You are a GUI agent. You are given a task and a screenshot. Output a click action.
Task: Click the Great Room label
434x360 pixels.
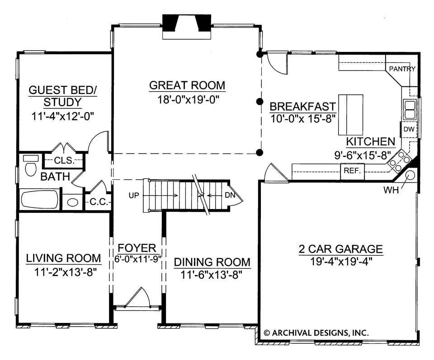[187, 85]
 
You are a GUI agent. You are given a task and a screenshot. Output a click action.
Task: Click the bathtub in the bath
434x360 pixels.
[40, 199]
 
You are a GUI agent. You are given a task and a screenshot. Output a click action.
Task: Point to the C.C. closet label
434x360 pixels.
[99, 202]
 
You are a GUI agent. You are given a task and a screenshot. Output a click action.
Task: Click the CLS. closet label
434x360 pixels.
[64, 160]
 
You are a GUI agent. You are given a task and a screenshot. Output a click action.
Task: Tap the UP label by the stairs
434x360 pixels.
[134, 196]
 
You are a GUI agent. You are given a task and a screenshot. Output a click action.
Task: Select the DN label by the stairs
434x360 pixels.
[230, 195]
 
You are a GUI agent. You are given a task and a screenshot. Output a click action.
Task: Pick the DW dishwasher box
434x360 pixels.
[409, 129]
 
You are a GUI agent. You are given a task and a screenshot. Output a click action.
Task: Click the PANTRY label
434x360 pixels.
[402, 69]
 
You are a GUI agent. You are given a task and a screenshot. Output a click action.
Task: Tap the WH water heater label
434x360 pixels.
[391, 190]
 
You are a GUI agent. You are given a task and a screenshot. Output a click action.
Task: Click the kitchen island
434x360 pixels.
[351, 114]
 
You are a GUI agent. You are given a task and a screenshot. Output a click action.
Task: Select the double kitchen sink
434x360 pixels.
[410, 110]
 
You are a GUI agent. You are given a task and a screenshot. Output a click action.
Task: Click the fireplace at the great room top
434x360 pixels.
[187, 27]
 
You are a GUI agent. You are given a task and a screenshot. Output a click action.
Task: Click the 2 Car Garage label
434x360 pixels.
[341, 249]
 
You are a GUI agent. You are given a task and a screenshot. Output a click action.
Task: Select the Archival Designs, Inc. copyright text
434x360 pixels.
[316, 332]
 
